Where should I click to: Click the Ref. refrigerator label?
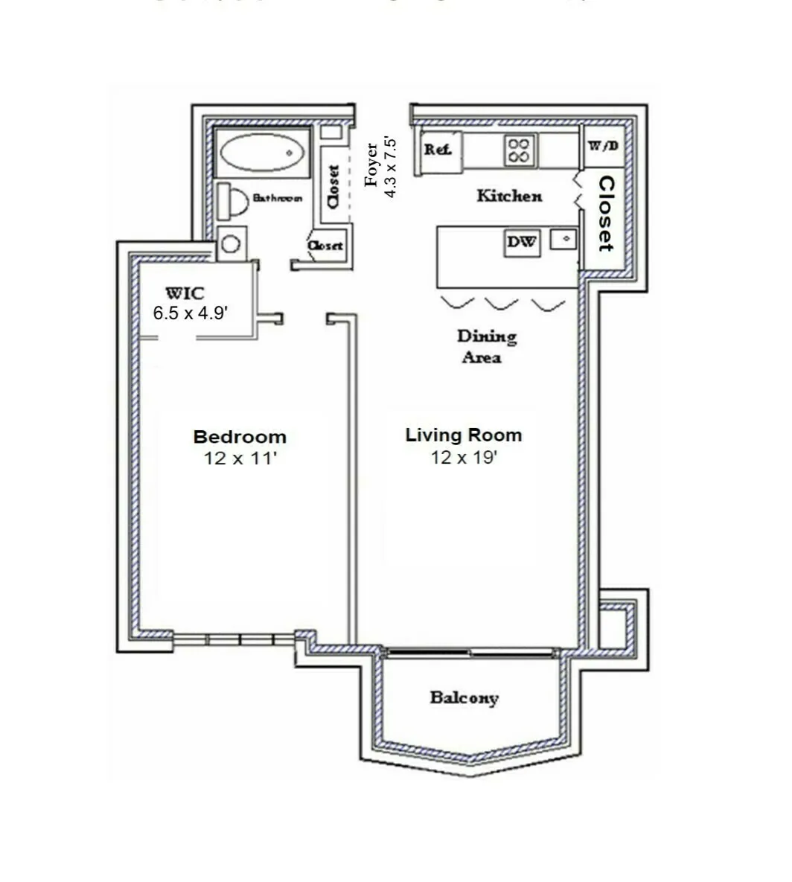coord(438,150)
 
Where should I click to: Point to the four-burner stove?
coord(519,150)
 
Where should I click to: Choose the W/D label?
coord(603,145)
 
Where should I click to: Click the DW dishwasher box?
coord(522,243)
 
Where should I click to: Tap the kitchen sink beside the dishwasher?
coord(563,239)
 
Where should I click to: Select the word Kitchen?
coord(509,196)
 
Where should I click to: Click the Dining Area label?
coord(486,347)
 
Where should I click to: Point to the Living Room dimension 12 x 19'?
coord(463,458)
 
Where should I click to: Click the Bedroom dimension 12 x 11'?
coord(240,458)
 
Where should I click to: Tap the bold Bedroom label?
coord(240,437)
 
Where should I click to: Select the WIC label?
coord(185,292)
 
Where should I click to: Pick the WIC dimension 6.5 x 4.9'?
coord(190,313)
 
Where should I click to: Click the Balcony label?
coord(464,698)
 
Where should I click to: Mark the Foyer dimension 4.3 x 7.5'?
coord(390,166)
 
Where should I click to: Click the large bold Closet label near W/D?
coord(607,214)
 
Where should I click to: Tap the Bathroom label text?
coord(277,198)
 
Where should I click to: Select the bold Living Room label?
coord(463,435)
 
